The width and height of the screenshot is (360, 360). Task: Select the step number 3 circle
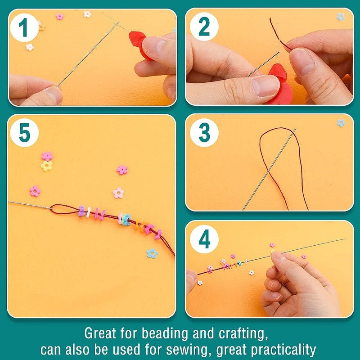click(x=204, y=133)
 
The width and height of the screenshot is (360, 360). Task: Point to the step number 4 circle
click(x=204, y=239)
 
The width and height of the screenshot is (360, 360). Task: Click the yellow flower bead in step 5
click(x=46, y=166)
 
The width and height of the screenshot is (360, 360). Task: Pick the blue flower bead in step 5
click(x=152, y=253)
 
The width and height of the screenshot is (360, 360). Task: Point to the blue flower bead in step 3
click(x=341, y=123)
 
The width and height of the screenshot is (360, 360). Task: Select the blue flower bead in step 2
click(x=341, y=17)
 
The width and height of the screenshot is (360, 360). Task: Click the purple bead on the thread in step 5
click(x=81, y=211)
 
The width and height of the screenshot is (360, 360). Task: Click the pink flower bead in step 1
click(x=59, y=17)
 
